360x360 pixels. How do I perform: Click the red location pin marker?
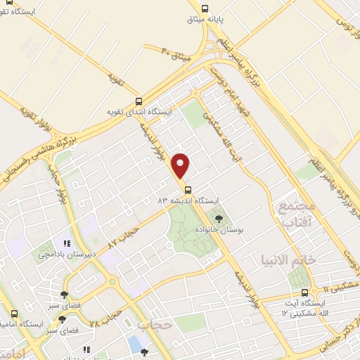[181, 165]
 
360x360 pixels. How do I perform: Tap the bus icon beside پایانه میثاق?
[204, 9]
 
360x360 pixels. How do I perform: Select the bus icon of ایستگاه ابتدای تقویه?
[139, 101]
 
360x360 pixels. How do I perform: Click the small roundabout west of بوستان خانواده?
[169, 245]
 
